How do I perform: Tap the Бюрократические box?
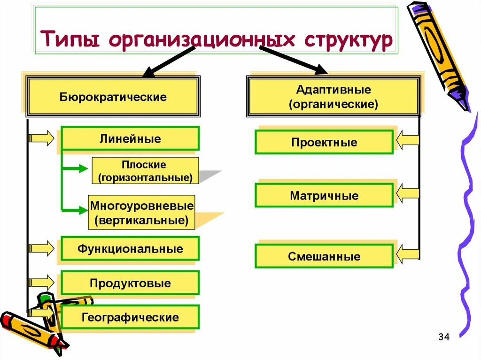(113, 97)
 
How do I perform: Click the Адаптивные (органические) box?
(333, 97)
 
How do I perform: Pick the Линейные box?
(130, 139)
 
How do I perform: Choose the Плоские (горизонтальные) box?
(145, 171)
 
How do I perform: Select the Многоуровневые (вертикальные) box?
(141, 213)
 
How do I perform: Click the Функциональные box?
(130, 248)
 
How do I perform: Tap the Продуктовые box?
(130, 283)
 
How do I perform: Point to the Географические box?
(130, 317)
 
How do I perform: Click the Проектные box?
(324, 142)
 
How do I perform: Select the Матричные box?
(324, 195)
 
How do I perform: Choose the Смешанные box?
(324, 256)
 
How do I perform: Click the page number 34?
(443, 337)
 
